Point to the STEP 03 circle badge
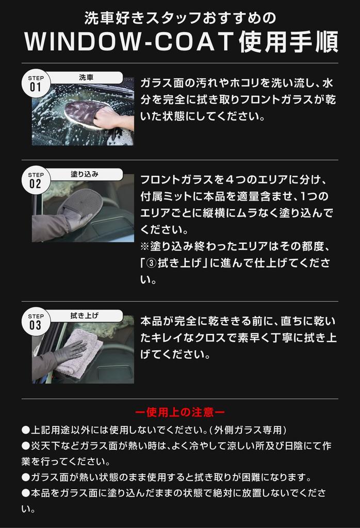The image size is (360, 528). coord(35,322)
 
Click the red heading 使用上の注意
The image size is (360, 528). coord(179,412)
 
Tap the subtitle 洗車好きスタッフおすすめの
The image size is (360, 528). coord(180,19)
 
